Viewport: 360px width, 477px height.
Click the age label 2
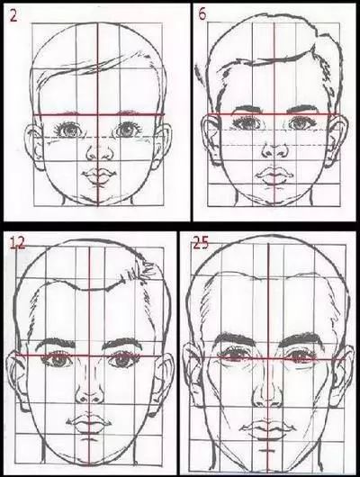(x=13, y=15)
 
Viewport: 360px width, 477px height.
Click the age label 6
(x=202, y=14)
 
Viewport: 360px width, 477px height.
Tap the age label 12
(x=18, y=243)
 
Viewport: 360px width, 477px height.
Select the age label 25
(x=200, y=243)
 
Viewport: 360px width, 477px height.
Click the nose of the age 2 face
(x=98, y=153)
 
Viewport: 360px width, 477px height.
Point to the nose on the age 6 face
(x=275, y=151)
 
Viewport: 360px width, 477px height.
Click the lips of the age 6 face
(x=274, y=175)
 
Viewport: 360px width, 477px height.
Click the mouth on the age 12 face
(x=89, y=422)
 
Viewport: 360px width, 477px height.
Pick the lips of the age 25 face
(x=268, y=425)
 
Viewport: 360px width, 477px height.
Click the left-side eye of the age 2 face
(x=69, y=130)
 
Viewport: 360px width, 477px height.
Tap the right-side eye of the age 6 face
(x=301, y=123)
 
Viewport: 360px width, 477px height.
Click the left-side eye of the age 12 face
(x=57, y=359)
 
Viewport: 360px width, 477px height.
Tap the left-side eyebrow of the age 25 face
(x=234, y=338)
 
